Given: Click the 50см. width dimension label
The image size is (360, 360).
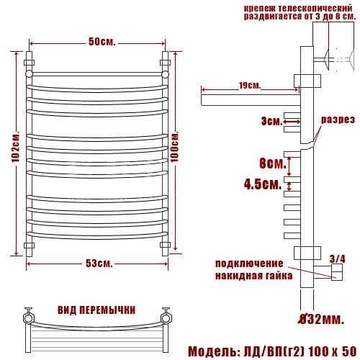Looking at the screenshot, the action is (x=102, y=42).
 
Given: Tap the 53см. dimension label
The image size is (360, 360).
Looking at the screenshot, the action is (x=99, y=264).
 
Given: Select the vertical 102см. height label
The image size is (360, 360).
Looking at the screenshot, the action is (x=15, y=147).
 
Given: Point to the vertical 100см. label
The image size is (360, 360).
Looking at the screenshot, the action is (x=175, y=147).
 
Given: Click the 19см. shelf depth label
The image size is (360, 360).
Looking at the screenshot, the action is (x=250, y=85).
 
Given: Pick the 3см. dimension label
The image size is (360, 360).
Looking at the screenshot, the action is (x=272, y=121).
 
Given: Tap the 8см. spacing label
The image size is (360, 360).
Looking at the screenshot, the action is (x=273, y=163).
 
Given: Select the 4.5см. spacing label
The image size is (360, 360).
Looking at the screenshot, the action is (x=263, y=184).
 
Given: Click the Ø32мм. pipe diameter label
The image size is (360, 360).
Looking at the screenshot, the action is (x=321, y=319).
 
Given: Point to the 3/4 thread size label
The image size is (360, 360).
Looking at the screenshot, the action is (x=337, y=259).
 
